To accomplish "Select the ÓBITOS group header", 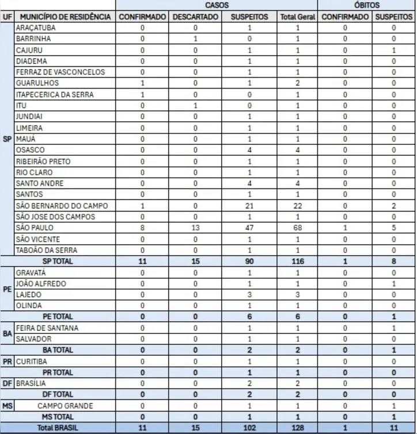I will click(x=367, y=5).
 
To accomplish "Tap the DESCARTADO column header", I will click(x=195, y=17).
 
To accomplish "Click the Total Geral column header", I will click(x=298, y=17).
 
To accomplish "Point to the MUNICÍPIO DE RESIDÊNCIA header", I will click(x=65, y=17).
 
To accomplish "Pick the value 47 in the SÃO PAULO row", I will click(x=249, y=228).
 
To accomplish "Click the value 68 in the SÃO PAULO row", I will click(x=298, y=228).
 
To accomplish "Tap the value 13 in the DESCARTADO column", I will click(x=195, y=228).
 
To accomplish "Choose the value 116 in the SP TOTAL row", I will click(x=298, y=262).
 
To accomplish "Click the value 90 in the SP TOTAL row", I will click(x=249, y=262).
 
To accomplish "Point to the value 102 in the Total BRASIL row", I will click(x=249, y=428).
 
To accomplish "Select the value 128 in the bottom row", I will click(x=298, y=428).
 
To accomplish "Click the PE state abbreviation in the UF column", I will click(x=7, y=289).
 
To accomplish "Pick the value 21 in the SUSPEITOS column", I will click(x=249, y=206).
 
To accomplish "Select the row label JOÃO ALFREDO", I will click(x=40, y=284).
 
